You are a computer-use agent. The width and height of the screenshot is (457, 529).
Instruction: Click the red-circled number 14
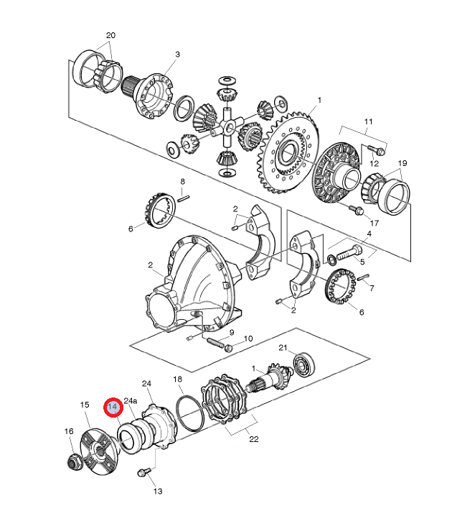113,408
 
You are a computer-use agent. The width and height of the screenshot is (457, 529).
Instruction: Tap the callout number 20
110,35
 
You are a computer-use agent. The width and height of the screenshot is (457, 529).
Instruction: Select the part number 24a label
131,400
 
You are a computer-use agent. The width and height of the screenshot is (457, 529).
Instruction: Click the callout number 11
368,122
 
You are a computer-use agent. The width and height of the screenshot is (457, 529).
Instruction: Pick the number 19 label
402,163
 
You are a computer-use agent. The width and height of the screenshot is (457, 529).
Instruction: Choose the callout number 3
177,54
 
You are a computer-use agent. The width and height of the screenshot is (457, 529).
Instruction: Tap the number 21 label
283,349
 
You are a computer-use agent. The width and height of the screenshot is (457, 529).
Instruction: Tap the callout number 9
232,333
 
